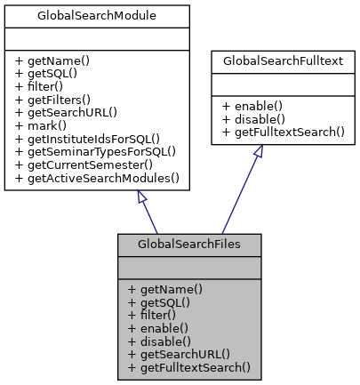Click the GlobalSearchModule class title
click(99, 16)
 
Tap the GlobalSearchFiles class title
click(189, 244)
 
